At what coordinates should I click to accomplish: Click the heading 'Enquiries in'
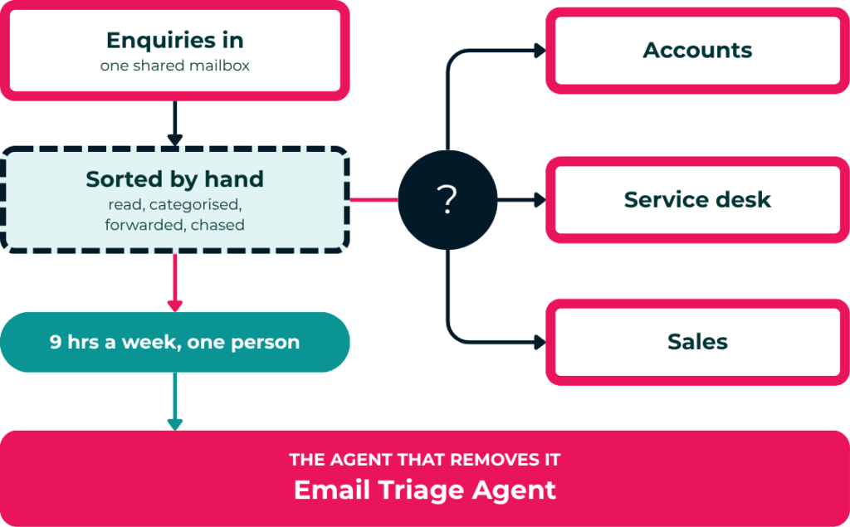point(174,40)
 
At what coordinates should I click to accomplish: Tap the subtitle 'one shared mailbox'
point(174,66)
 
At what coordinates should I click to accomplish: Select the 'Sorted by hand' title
point(174,179)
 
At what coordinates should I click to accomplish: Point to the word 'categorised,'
point(196,205)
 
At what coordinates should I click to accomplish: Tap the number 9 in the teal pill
point(56,342)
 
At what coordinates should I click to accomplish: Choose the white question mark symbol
point(447,199)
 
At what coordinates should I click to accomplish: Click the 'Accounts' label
point(697,51)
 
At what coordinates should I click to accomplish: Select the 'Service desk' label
point(697,199)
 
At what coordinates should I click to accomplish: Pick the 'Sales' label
point(697,342)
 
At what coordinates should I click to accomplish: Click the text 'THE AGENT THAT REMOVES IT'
point(424,460)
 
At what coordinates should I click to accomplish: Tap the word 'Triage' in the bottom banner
point(421,490)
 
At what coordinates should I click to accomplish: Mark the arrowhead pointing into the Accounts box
point(540,51)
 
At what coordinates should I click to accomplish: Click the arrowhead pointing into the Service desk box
point(540,199)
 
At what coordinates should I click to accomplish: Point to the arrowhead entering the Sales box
point(540,342)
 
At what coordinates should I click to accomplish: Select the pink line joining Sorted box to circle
point(374,199)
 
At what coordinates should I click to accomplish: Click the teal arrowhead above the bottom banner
point(174,425)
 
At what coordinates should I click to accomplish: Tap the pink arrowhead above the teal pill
point(174,306)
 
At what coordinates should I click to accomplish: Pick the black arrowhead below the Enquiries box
point(174,140)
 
